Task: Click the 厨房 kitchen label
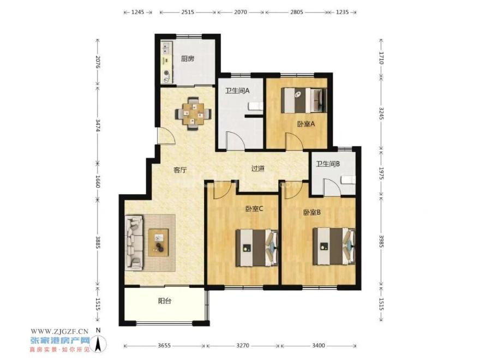[x=187, y=58]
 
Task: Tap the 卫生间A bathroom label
[x=237, y=91]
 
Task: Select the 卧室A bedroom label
[x=305, y=124]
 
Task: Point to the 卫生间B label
[x=328, y=164]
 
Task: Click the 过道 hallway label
[x=258, y=169]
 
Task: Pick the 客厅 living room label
[x=180, y=170]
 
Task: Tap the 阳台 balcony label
[x=165, y=301]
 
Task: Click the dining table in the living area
[x=193, y=114]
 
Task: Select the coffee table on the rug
[x=159, y=242]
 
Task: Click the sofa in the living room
[x=134, y=242]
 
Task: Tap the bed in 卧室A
[x=304, y=100]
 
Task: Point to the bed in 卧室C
[x=257, y=247]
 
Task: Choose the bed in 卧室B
[x=334, y=247]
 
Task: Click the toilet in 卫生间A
[x=256, y=106]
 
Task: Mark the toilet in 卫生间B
[x=349, y=180]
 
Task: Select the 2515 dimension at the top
[x=188, y=12]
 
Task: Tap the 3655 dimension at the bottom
[x=165, y=346]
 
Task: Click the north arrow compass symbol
[x=99, y=343]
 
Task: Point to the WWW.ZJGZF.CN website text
[x=59, y=331]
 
